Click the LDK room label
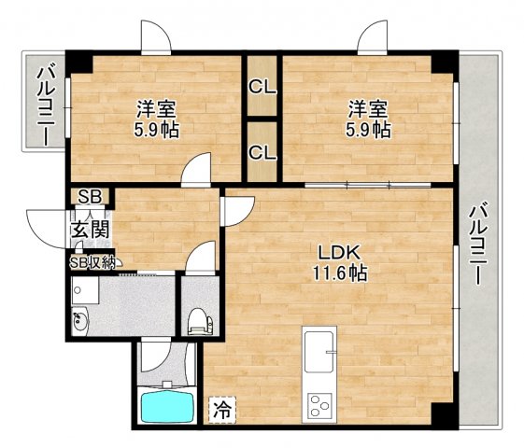click(339, 253)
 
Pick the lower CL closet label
click(262, 150)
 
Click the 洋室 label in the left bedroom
click(155, 109)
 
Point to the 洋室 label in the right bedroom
click(366, 109)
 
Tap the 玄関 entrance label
click(92, 230)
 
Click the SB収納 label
click(93, 262)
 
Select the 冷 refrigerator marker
click(222, 408)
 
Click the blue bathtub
click(166, 407)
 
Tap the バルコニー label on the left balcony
click(43, 104)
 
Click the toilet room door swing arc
click(198, 259)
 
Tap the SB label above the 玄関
click(90, 197)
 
